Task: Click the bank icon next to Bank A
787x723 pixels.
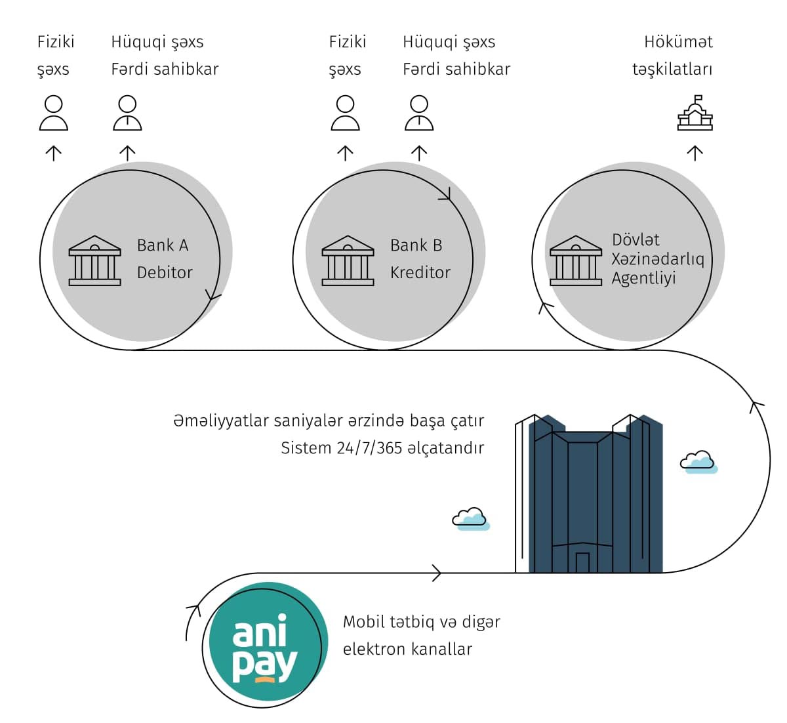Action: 95,260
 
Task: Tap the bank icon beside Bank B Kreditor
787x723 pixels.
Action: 348,260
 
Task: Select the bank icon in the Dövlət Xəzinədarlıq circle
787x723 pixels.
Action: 575,260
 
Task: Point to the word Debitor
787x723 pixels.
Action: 165,272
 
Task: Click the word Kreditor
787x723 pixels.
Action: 420,272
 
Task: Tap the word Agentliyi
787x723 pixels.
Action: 643,278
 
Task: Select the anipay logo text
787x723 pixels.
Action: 264,647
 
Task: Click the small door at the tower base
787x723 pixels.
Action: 582,562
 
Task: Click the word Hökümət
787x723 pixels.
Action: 678,42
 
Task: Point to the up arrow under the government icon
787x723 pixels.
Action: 695,153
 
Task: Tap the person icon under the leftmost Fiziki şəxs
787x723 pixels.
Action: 53,113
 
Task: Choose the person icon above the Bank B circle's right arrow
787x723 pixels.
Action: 419,113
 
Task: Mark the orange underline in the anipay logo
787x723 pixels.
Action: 264,680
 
